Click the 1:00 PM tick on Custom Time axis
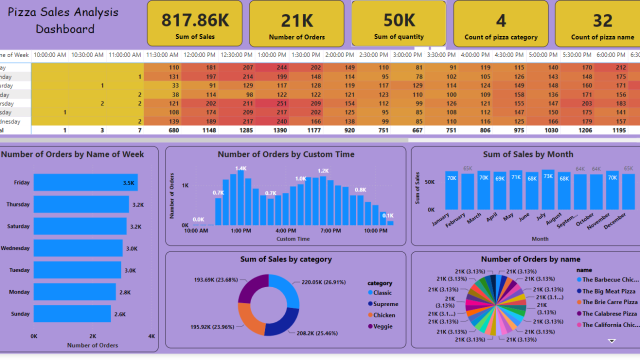(x=240, y=230)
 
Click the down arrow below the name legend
(x=610, y=342)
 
